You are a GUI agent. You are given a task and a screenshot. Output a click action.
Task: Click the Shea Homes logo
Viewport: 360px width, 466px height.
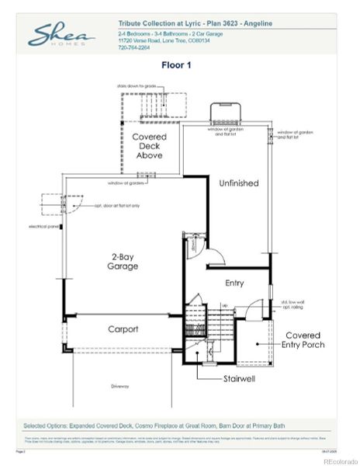(x=61, y=36)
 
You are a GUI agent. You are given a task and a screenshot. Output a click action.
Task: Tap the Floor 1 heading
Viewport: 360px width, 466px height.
(x=176, y=65)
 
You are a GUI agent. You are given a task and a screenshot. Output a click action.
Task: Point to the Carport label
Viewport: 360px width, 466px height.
(x=123, y=329)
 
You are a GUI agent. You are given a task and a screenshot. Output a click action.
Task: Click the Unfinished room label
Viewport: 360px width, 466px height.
(x=238, y=183)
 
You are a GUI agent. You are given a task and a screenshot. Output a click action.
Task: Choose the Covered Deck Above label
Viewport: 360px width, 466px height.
(x=149, y=146)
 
